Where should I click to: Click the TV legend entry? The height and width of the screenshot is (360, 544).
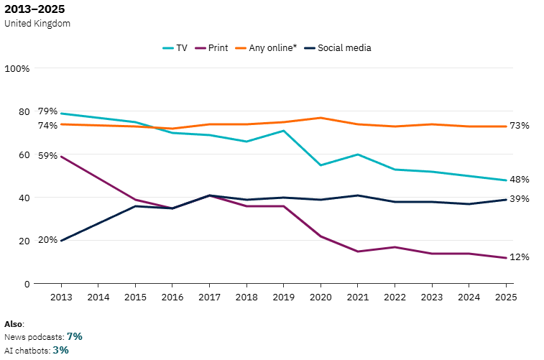(175, 48)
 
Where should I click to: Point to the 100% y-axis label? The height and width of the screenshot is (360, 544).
(17, 68)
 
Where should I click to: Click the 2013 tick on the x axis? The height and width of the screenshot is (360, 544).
(61, 296)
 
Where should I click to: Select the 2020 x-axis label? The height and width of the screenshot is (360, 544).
(320, 296)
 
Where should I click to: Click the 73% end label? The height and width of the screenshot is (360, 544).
(520, 126)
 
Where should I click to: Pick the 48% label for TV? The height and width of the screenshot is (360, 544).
(520, 180)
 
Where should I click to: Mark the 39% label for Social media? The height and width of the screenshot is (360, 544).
(520, 199)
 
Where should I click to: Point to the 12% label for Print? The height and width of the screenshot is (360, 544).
(520, 257)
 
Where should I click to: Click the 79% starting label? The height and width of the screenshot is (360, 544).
(47, 111)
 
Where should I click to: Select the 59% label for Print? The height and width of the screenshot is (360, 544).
(47, 155)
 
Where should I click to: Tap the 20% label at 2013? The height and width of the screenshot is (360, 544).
(47, 239)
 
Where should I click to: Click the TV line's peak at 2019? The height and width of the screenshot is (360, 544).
(283, 130)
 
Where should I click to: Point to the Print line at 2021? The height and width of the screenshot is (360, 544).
(357, 251)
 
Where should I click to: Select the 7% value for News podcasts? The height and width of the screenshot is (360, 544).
(75, 336)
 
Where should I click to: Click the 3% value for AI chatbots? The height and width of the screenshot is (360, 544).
(60, 350)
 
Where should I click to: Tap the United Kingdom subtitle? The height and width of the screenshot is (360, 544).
(37, 23)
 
